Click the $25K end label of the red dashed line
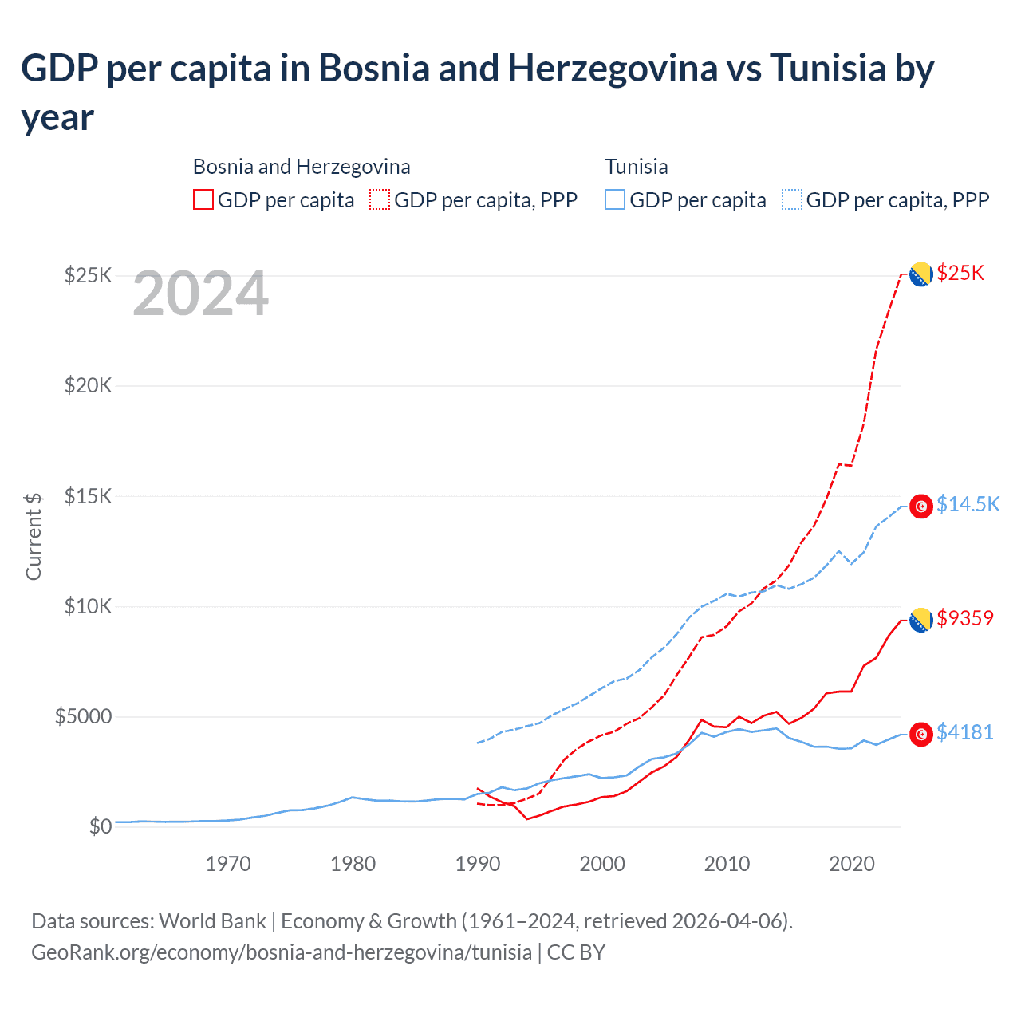pyautogui.click(x=960, y=274)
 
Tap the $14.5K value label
pyautogui.click(x=968, y=504)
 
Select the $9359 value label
pyautogui.click(x=965, y=618)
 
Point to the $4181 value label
pyautogui.click(x=965, y=732)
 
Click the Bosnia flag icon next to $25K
pyautogui.click(x=921, y=274)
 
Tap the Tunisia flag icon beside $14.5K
pyautogui.click(x=921, y=507)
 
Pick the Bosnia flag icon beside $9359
pyautogui.click(x=921, y=620)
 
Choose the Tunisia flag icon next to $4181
pyautogui.click(x=921, y=734)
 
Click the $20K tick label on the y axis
pyautogui.click(x=89, y=386)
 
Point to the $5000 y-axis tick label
pyautogui.click(x=83, y=716)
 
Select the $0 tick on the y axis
pyautogui.click(x=100, y=826)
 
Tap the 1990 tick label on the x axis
pyautogui.click(x=478, y=864)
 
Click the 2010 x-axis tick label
pyautogui.click(x=727, y=864)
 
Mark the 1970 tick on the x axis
pyautogui.click(x=228, y=864)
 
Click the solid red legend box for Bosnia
pyautogui.click(x=203, y=199)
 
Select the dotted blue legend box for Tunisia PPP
pyautogui.click(x=792, y=199)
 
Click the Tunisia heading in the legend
pyautogui.click(x=636, y=167)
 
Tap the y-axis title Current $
pyautogui.click(x=34, y=536)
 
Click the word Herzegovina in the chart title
pyautogui.click(x=613, y=69)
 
